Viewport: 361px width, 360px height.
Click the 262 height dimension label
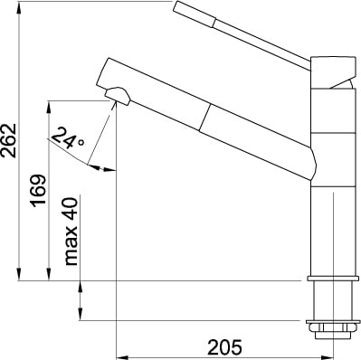coord(9,140)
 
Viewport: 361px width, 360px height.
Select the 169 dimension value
coord(39,191)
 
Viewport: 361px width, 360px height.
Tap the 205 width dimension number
coord(224,347)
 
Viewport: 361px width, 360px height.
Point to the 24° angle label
coord(68,138)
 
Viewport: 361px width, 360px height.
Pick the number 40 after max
coord(71,209)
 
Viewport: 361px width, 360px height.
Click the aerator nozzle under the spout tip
coord(118,96)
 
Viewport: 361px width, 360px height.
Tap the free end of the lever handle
coord(176,6)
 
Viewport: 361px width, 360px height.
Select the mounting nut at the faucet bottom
coord(333,329)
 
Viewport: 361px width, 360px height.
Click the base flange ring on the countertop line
coord(334,279)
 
